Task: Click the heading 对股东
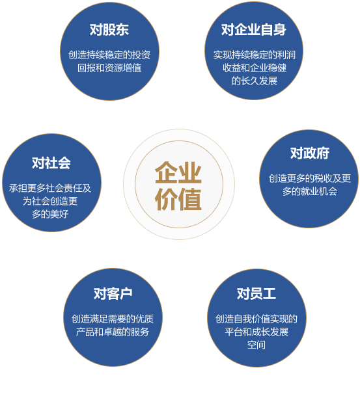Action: point(109,29)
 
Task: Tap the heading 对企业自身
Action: point(254,29)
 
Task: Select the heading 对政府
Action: point(310,153)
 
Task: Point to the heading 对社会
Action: point(51,163)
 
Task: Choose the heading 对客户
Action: point(113,294)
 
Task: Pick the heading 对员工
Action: point(256,294)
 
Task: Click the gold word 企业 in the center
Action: point(178,172)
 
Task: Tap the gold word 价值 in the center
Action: point(178,199)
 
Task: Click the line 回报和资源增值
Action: point(109,68)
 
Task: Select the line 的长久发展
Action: point(255,81)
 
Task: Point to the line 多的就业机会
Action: point(310,191)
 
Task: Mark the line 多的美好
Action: point(50,214)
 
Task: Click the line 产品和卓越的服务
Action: point(113,332)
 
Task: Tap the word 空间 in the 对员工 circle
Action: point(256,345)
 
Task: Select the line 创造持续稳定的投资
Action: point(109,55)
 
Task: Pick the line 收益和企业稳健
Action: point(255,68)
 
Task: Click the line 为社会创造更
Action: point(50,201)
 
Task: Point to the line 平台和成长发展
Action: point(256,332)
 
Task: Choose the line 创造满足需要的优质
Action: point(113,319)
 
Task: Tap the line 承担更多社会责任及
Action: point(50,188)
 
